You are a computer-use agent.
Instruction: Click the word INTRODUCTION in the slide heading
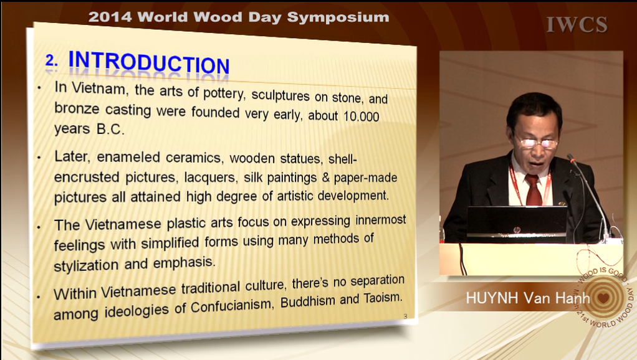pos(149,62)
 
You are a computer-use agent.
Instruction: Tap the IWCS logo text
pos(577,25)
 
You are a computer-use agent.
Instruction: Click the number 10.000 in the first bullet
pos(361,116)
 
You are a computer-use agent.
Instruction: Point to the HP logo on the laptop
pos(516,230)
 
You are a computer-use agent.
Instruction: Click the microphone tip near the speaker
pos(571,158)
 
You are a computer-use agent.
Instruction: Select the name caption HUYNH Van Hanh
pos(528,298)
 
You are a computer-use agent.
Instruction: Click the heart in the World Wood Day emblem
pos(603,298)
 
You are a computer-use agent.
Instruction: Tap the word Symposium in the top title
pos(338,17)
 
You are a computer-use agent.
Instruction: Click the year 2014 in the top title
pos(110,17)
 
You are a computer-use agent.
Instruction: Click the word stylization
pos(86,265)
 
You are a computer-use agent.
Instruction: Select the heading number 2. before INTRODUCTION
pos(52,60)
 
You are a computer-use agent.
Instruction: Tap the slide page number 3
pos(405,316)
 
